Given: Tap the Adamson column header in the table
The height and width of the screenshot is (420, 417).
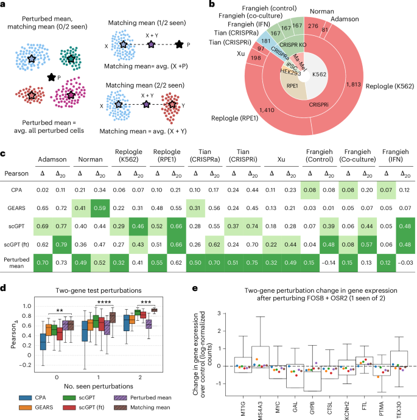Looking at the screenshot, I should [x=53, y=155].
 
